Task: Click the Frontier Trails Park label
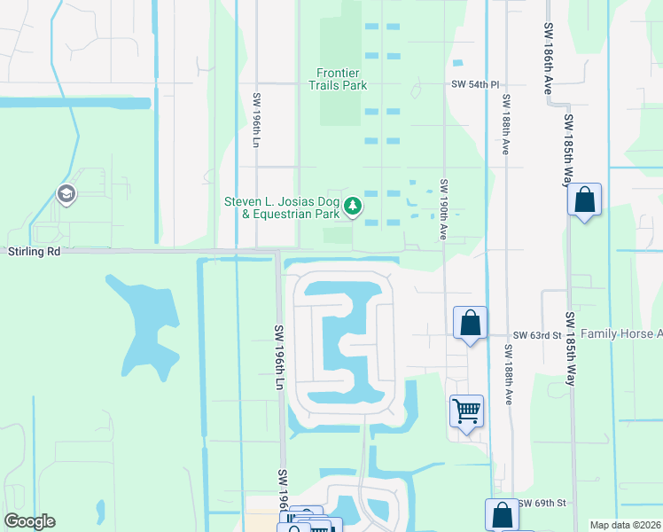pos(342,79)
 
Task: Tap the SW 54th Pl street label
pos(470,84)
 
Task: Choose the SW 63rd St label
pos(538,335)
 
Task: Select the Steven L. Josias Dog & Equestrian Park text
pos(282,207)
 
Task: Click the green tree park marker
pos(354,207)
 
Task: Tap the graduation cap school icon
pos(66,193)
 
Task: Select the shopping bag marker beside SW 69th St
pos(502,514)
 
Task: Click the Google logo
pos(29,521)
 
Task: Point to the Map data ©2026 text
pos(624,525)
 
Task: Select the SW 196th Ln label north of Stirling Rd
pos(257,119)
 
